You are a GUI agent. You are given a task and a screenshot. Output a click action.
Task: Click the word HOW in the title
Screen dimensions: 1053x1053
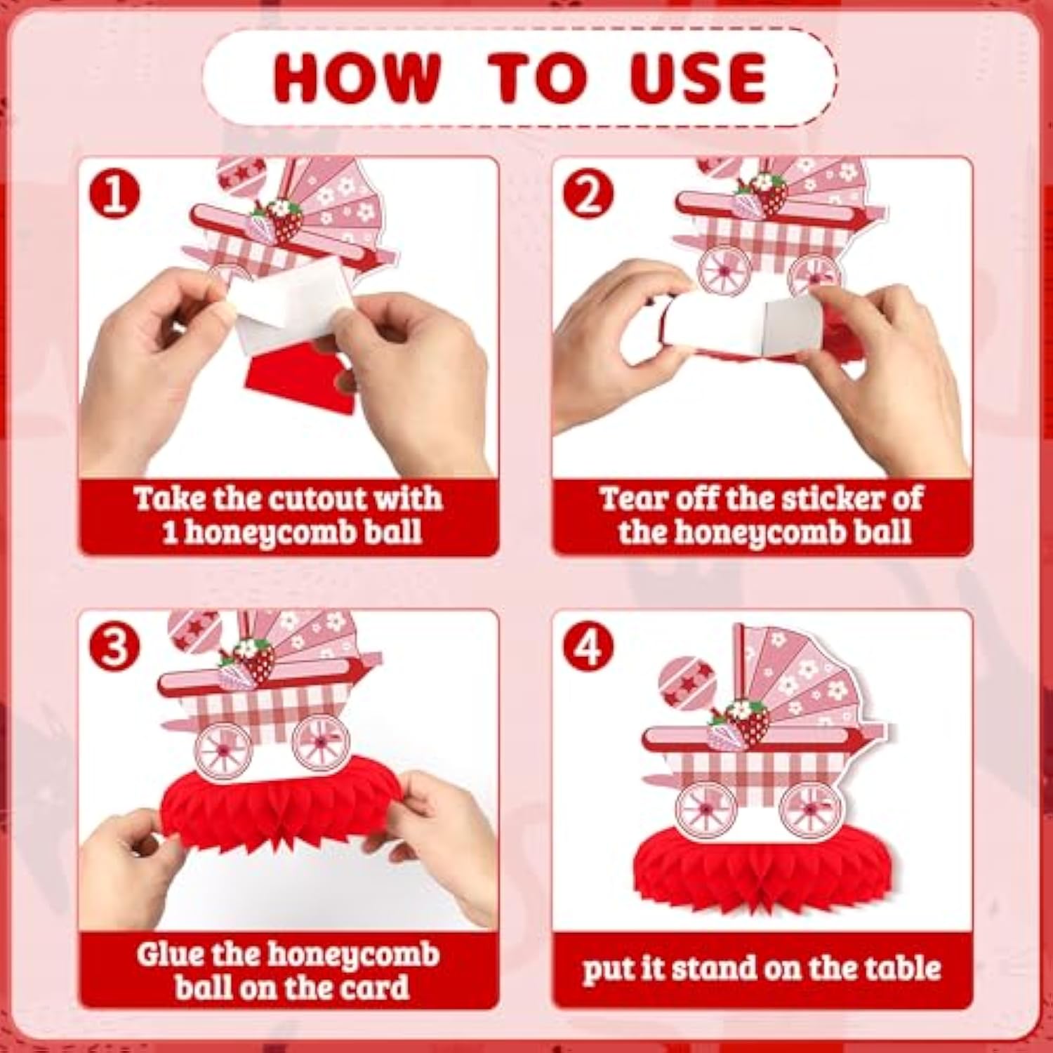(x=357, y=77)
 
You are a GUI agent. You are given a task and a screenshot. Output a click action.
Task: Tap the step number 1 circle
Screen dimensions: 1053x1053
(x=114, y=194)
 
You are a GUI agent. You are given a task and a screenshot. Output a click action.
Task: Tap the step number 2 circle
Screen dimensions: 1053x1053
(x=588, y=194)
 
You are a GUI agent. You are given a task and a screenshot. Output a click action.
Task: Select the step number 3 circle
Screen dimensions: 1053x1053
(x=114, y=647)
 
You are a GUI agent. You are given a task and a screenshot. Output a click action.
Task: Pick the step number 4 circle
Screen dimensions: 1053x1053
(x=588, y=647)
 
